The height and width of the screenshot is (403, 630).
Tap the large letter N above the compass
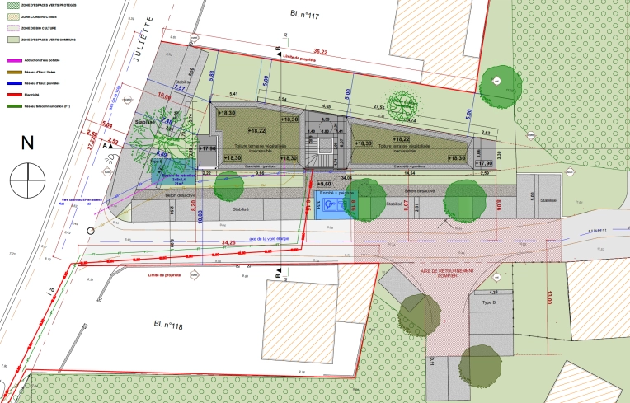[x=27, y=143]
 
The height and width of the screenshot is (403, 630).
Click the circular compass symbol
[x=28, y=176]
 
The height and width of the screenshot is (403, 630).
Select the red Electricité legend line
[x=12, y=95]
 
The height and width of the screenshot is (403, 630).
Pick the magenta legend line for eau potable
[x=12, y=60]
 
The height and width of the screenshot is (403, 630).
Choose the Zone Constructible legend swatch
[x=12, y=16]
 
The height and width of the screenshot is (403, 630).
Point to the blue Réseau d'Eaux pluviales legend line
[x=12, y=83]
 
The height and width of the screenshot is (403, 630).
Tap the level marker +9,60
[x=324, y=183]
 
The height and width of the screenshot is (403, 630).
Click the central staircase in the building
[x=323, y=146]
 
